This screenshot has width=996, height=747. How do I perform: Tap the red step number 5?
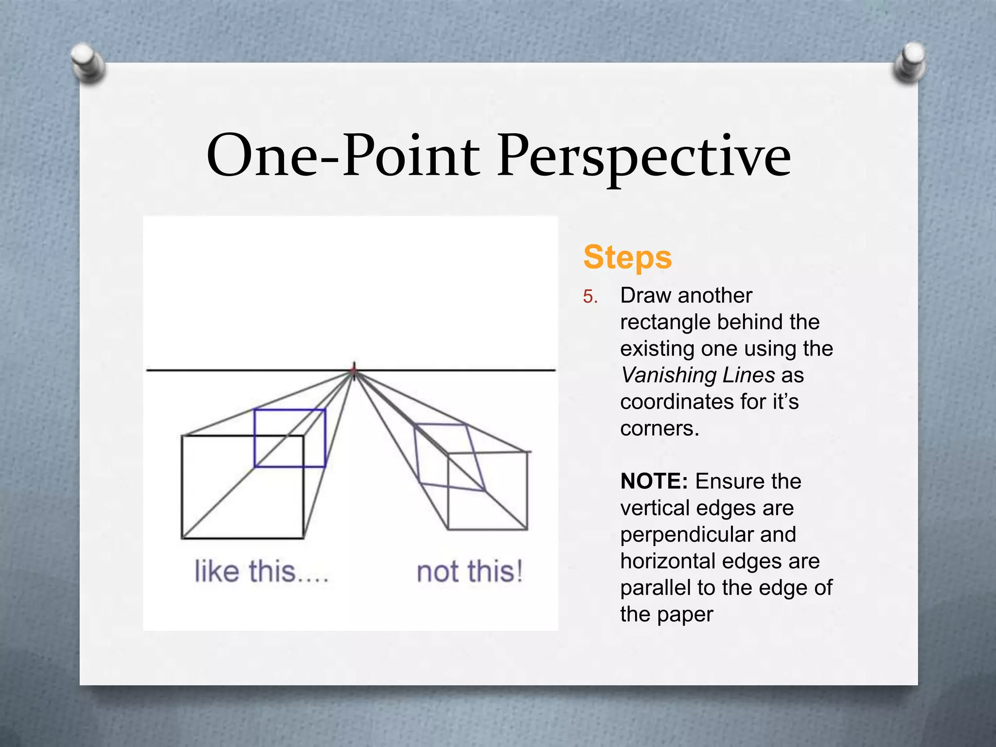[590, 297]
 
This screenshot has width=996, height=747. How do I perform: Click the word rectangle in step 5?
[664, 322]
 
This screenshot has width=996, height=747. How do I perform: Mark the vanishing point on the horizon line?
[354, 371]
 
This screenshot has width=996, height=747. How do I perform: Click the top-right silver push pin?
[909, 62]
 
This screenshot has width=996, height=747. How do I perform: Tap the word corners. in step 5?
[659, 429]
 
